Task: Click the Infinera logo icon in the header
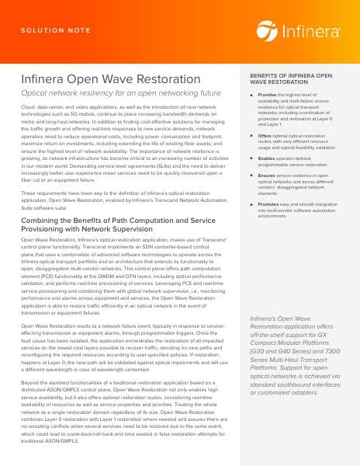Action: click(x=266, y=31)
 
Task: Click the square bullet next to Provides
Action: click(x=252, y=95)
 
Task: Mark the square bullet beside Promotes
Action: click(x=252, y=203)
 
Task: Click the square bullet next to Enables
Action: click(x=252, y=158)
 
